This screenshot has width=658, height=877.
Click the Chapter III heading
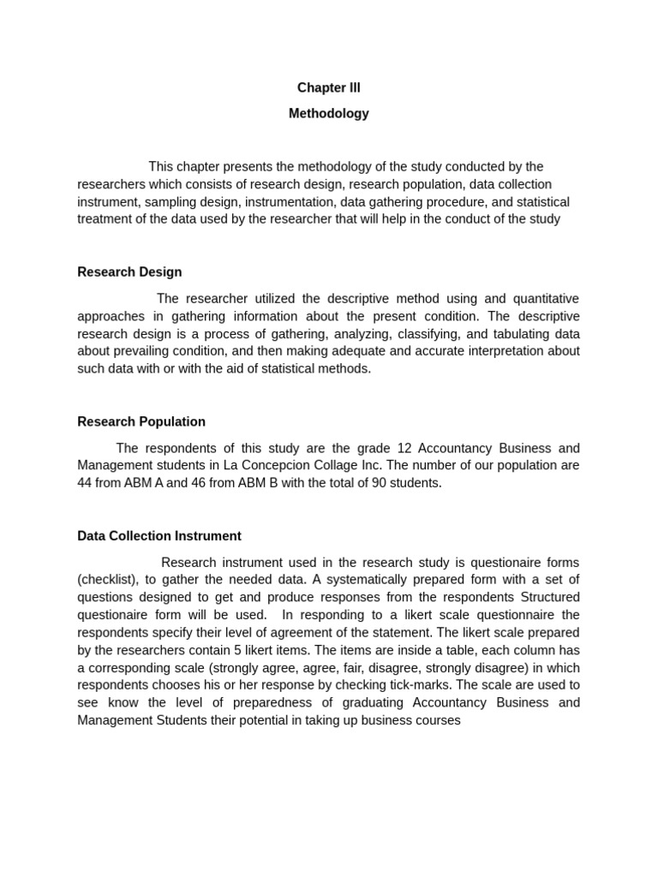[x=329, y=88]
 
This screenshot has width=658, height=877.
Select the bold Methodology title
[x=329, y=114]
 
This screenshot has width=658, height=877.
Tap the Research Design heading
[x=129, y=272]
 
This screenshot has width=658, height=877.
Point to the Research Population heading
[x=141, y=422]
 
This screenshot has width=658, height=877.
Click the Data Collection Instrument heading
[x=159, y=536]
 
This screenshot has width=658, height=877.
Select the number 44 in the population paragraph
[x=85, y=483]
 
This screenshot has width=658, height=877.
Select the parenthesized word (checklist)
[x=108, y=580]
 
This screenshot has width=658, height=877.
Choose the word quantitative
[x=546, y=299]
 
